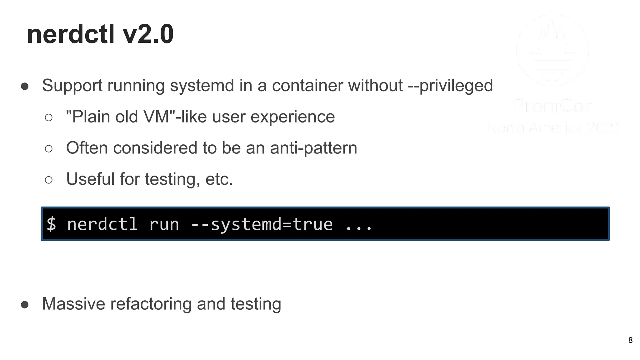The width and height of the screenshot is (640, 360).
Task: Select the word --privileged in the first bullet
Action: click(x=450, y=86)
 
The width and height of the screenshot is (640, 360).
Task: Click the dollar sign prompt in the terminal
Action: click(x=51, y=224)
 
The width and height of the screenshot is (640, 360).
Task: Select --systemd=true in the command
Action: click(x=262, y=224)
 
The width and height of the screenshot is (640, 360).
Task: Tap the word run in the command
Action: click(x=164, y=224)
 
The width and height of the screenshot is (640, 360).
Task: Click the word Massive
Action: click(x=73, y=304)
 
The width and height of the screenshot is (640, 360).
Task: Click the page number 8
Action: click(x=630, y=340)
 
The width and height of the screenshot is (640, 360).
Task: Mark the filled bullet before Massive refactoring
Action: click(x=25, y=305)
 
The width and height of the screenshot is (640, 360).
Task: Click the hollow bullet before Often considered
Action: click(x=48, y=149)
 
